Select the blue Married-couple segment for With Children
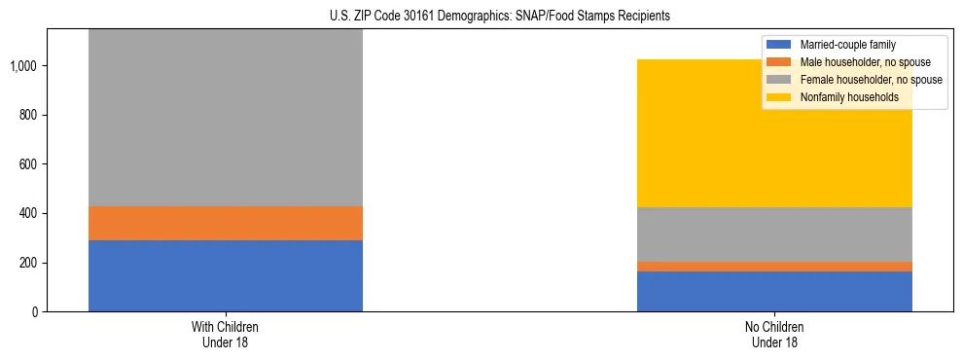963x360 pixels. pyautogui.click(x=225, y=275)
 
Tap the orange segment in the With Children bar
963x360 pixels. pyautogui.click(x=225, y=223)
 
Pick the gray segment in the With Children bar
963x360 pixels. pyautogui.click(x=225, y=117)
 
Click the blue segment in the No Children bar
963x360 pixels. pyautogui.click(x=774, y=291)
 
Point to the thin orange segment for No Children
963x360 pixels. pyautogui.click(x=774, y=266)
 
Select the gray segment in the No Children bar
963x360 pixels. pyautogui.click(x=774, y=234)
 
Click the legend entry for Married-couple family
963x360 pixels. pyautogui.click(x=847, y=45)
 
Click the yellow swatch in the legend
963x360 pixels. pyautogui.click(x=780, y=97)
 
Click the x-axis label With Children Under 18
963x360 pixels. pyautogui.click(x=225, y=334)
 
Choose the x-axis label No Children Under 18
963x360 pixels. pyautogui.click(x=774, y=334)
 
